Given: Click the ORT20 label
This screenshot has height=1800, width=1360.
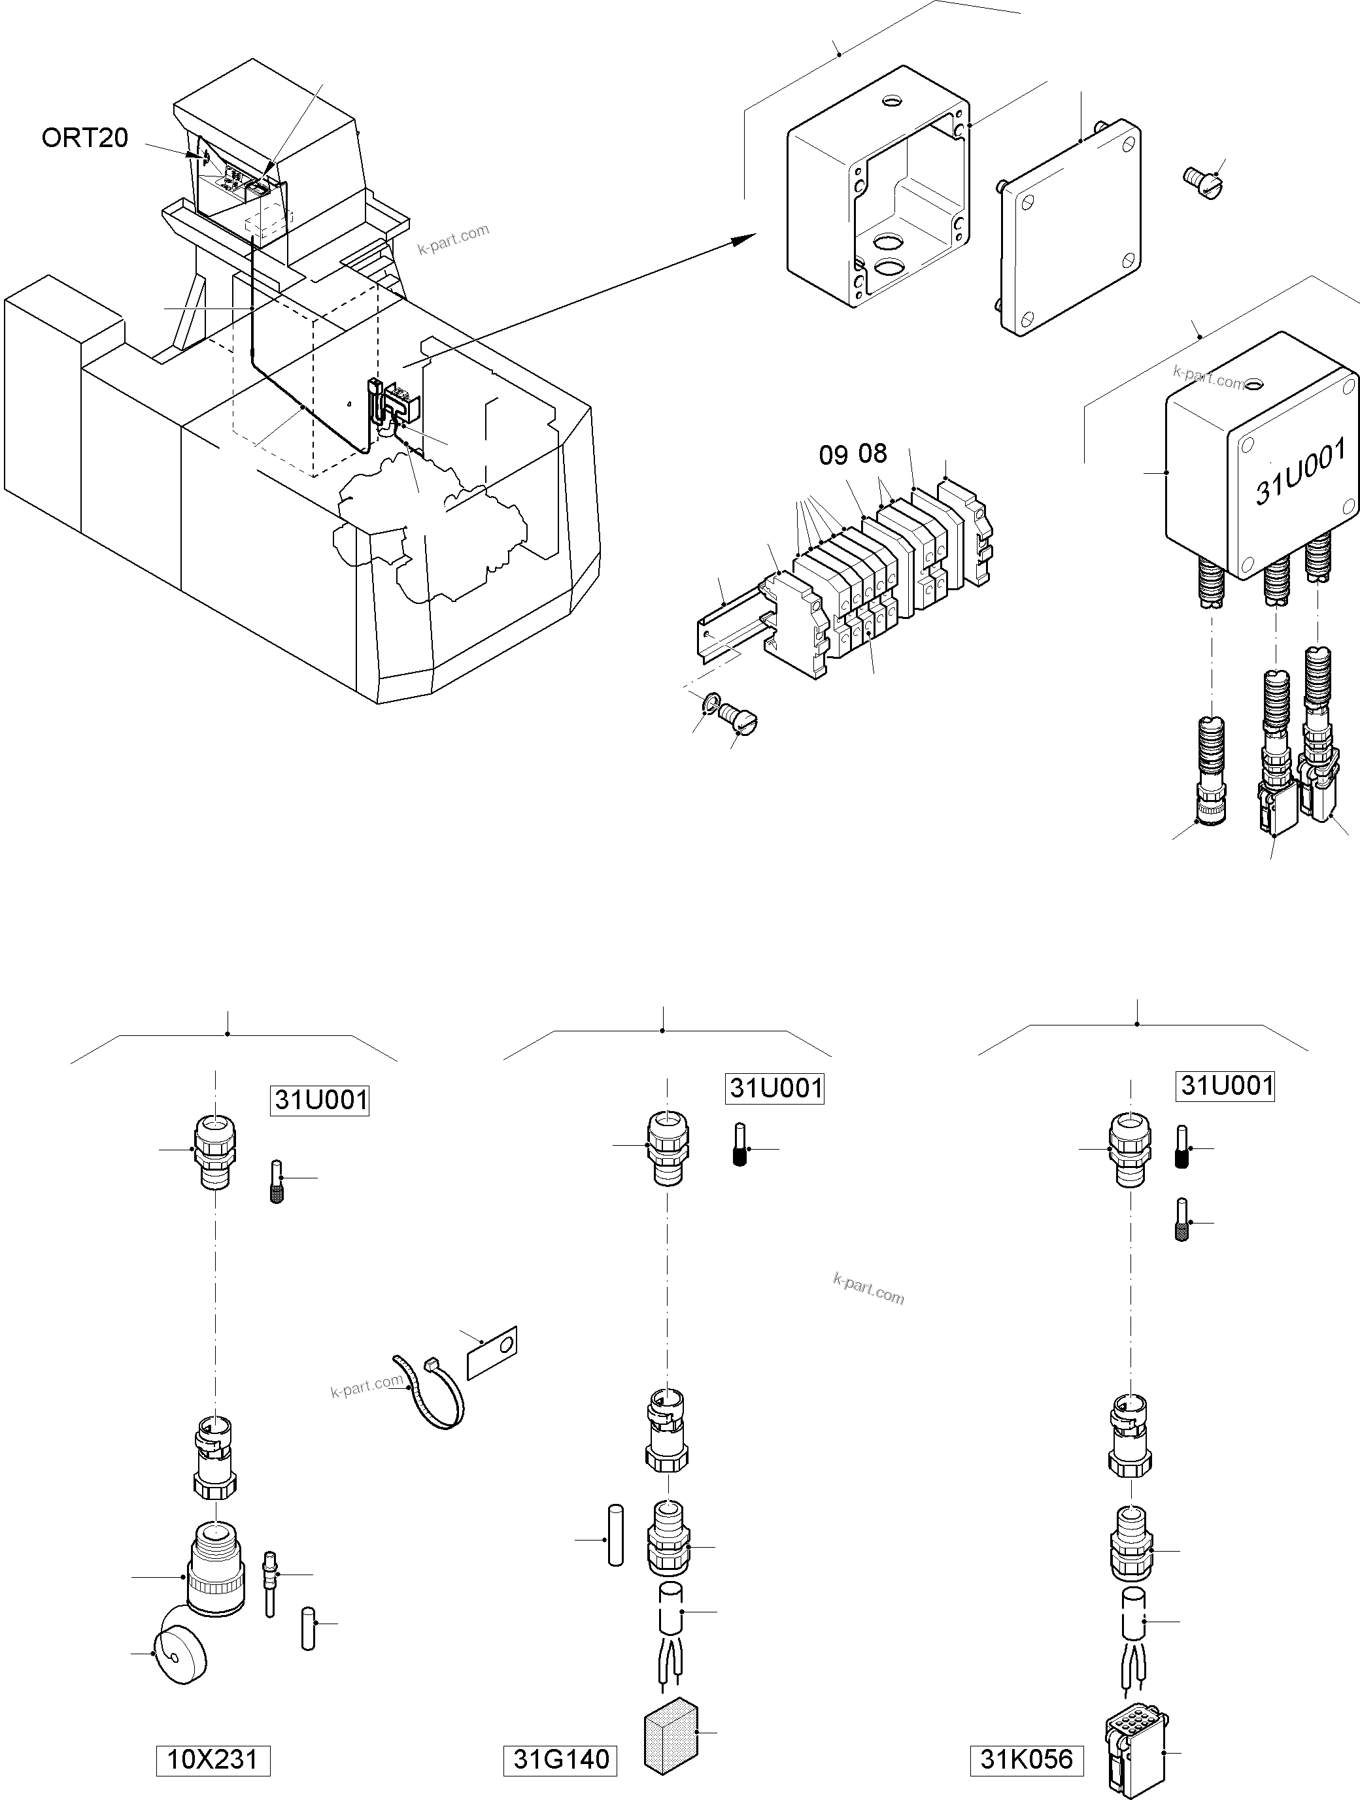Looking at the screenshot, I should click(84, 139).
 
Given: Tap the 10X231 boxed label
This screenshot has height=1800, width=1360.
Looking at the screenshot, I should click(212, 1760).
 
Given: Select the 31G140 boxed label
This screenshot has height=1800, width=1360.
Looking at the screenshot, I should click(561, 1760).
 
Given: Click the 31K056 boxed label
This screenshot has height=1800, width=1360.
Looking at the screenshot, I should click(1027, 1760).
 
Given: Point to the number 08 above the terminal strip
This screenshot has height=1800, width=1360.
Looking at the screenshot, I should click(872, 453).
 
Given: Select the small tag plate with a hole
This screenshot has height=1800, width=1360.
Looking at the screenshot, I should click(491, 1352).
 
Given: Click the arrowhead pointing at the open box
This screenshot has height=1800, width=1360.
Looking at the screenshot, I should click(742, 238).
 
